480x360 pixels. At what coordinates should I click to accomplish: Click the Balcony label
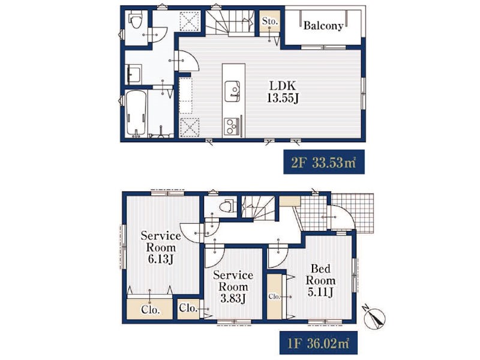click(x=323, y=26)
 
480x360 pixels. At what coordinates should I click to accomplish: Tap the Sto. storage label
click(x=269, y=21)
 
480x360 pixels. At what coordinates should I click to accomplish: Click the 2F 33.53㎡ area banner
click(x=324, y=162)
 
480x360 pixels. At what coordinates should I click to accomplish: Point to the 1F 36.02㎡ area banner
click(x=319, y=343)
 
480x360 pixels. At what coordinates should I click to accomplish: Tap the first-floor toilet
click(x=227, y=206)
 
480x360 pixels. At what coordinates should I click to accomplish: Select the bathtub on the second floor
click(x=136, y=113)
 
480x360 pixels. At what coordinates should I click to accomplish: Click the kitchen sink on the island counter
click(x=232, y=91)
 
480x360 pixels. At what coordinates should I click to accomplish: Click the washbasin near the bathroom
click(x=133, y=74)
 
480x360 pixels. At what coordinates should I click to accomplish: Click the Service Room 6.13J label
click(x=160, y=247)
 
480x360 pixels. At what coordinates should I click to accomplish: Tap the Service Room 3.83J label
click(x=233, y=286)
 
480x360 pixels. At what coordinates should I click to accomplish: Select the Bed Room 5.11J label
click(x=320, y=280)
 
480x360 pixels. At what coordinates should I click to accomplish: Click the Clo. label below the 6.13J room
click(x=151, y=310)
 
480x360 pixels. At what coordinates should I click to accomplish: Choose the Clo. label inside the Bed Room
click(x=274, y=296)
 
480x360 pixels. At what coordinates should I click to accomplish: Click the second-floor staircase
click(x=230, y=22)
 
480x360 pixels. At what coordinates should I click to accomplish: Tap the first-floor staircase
click(x=259, y=208)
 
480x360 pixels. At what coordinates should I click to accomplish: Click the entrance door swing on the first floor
click(x=340, y=216)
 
